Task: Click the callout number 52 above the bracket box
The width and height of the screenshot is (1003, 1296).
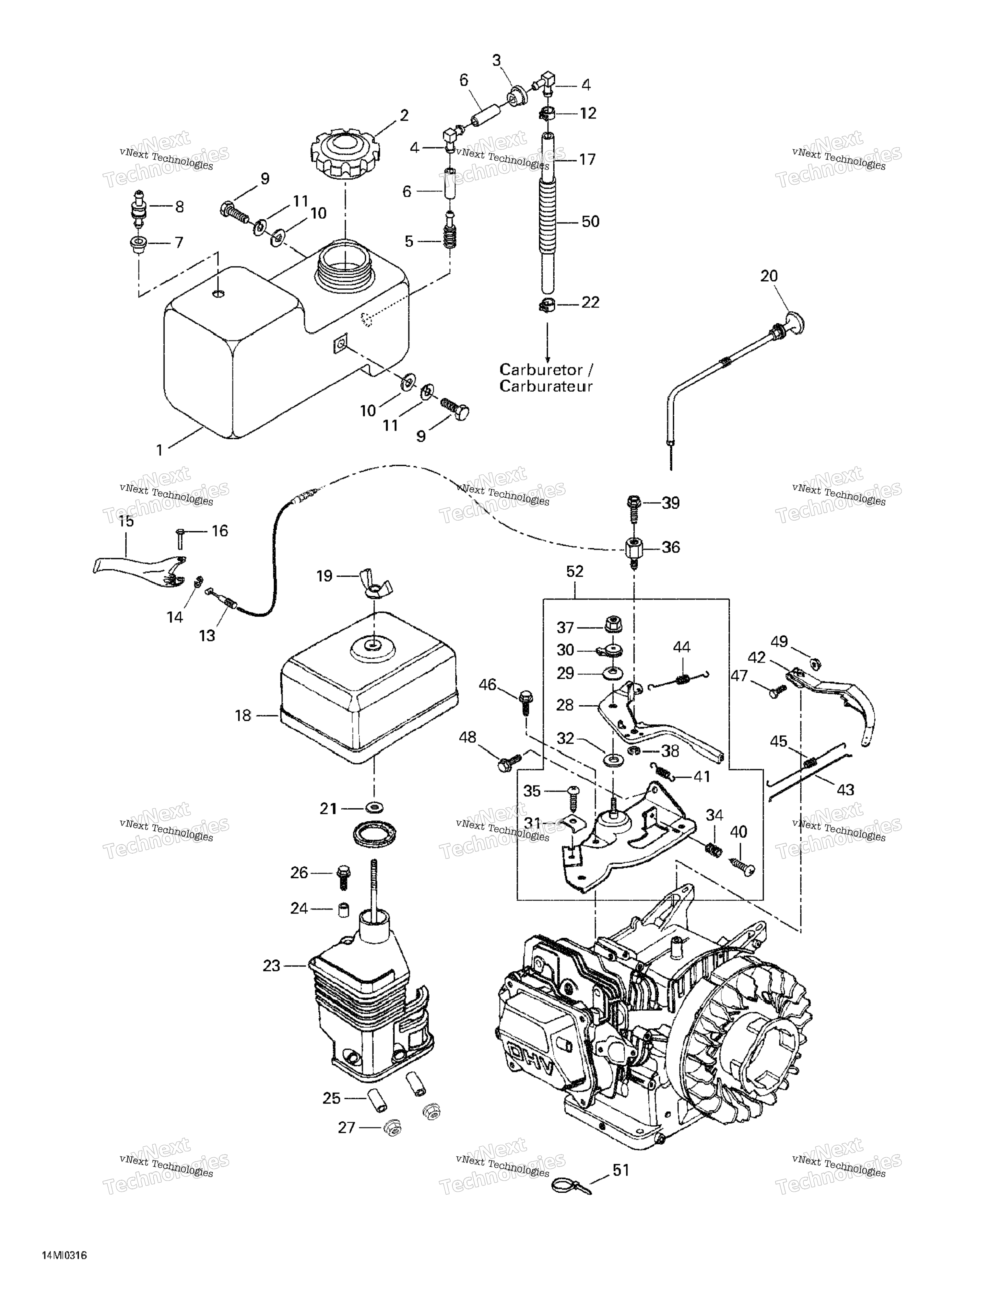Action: coord(575,572)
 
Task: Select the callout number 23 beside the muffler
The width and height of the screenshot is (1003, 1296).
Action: coord(271,966)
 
